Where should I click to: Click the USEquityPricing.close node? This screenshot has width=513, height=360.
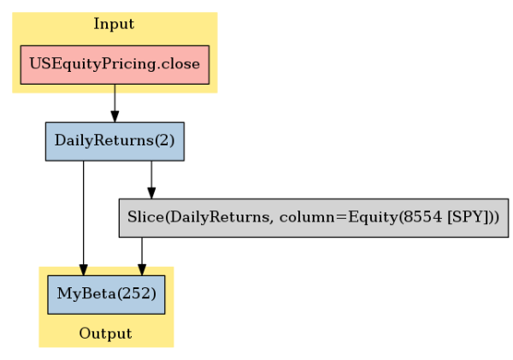pyautogui.click(x=115, y=65)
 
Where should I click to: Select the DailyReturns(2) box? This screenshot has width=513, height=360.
pyautogui.click(x=115, y=141)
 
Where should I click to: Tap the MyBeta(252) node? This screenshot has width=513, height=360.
pyautogui.click(x=106, y=294)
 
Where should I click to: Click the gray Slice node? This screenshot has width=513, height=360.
pyautogui.click(x=314, y=218)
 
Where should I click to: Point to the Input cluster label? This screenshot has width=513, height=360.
pyautogui.click(x=114, y=24)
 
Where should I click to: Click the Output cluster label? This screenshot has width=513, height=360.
pyautogui.click(x=106, y=333)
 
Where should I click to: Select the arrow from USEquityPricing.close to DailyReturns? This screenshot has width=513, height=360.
pyautogui.click(x=115, y=103)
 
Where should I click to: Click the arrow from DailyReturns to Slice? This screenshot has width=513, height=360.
pyautogui.click(x=151, y=180)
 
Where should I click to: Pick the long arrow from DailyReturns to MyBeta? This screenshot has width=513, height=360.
pyautogui.click(x=84, y=218)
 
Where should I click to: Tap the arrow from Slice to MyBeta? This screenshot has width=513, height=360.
pyautogui.click(x=142, y=257)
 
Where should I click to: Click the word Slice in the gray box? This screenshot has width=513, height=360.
pyautogui.click(x=145, y=217)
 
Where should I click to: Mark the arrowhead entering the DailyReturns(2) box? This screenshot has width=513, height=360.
pyautogui.click(x=115, y=116)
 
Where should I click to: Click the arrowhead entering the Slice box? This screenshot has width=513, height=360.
pyautogui.click(x=151, y=192)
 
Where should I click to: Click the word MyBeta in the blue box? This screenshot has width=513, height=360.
pyautogui.click(x=86, y=293)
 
